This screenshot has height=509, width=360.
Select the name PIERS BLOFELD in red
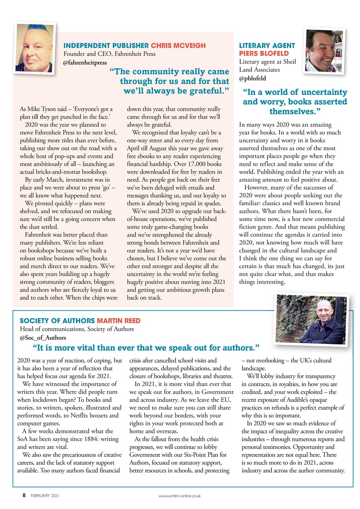coord(264,53)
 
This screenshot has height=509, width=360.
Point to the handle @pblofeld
coord(252,78)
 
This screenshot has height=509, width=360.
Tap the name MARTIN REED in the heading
coord(118,321)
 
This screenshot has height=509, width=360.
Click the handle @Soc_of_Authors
coord(43,338)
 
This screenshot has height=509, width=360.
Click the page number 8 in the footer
coord(24,495)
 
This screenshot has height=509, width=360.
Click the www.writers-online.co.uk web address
coord(180,496)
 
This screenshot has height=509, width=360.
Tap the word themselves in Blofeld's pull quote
coord(292,110)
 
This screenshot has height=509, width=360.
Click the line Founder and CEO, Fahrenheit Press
coord(110,54)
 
